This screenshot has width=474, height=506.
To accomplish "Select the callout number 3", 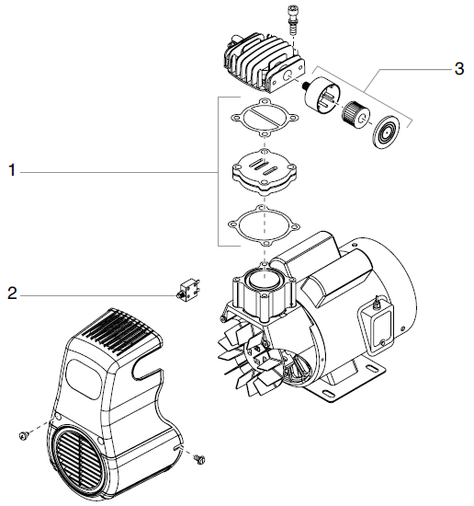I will [458, 69].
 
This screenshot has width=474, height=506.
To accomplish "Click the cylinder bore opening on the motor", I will [265, 276].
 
